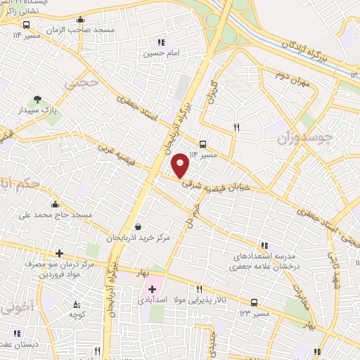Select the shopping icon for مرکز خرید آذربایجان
138,227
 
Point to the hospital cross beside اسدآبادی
152,289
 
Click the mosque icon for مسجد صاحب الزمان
82,20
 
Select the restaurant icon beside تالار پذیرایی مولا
200,289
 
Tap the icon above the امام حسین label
162,41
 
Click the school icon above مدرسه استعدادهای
264,245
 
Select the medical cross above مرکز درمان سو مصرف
59,253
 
